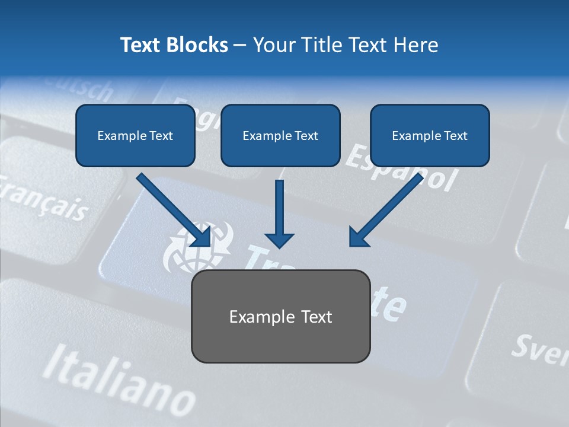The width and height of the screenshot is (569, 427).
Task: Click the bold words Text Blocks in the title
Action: (174, 45)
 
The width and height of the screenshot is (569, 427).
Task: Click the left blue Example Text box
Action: (135, 136)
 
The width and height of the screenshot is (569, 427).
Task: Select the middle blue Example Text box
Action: (280, 136)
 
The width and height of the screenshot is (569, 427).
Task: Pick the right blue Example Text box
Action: (430, 136)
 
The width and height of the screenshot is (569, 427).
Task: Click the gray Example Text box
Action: (280, 317)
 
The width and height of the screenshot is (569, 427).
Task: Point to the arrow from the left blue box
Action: (175, 211)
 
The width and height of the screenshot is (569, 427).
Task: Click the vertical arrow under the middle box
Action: (279, 213)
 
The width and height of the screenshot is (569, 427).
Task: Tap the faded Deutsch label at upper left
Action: (83, 89)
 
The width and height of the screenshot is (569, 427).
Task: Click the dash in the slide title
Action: (240, 46)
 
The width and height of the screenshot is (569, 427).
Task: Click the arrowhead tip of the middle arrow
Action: (279, 246)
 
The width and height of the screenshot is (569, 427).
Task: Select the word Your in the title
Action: (273, 45)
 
